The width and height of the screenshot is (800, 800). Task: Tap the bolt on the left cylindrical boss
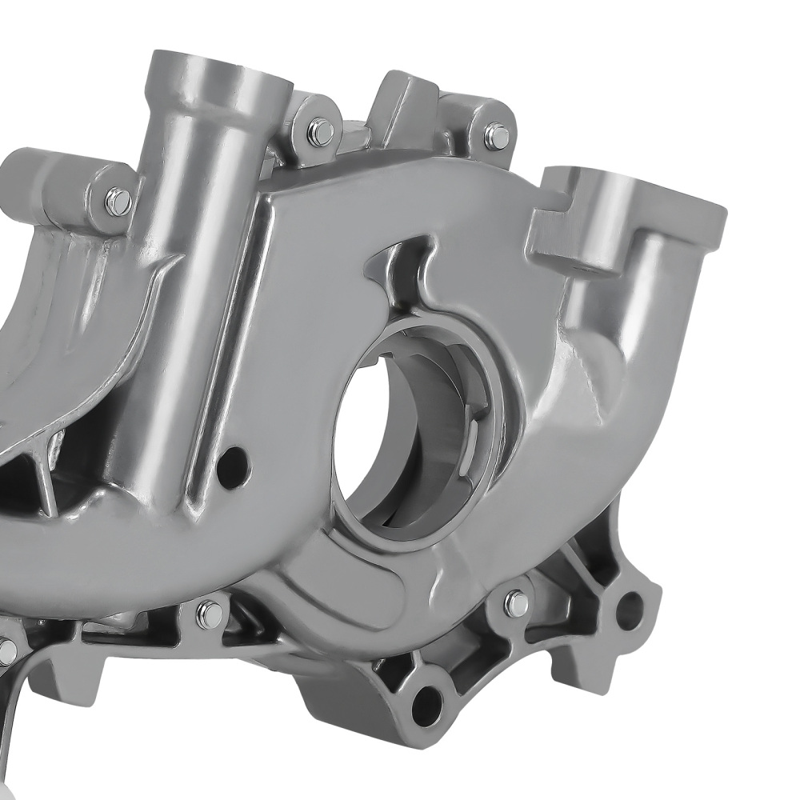(118, 201)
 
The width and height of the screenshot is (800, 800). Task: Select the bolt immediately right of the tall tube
(320, 132)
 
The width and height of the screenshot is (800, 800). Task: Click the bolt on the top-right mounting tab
(496, 136)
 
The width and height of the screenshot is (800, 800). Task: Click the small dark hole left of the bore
(233, 462)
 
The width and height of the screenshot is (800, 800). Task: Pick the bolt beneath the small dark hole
(210, 614)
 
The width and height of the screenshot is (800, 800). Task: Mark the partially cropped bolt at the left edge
(6, 650)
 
